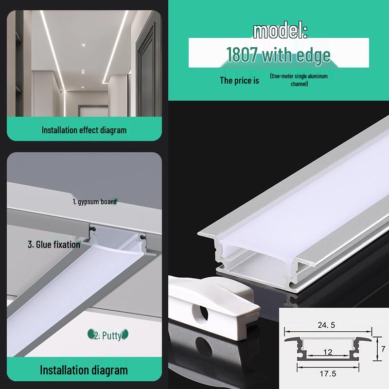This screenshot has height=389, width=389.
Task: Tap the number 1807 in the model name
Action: click(x=243, y=55)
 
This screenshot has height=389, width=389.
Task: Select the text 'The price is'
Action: click(x=239, y=81)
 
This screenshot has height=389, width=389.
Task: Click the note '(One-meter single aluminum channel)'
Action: click(x=299, y=80)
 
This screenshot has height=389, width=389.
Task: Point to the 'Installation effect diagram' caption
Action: click(x=84, y=130)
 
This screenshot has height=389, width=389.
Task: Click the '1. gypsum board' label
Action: click(x=94, y=201)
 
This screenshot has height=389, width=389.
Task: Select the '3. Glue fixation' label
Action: click(x=53, y=244)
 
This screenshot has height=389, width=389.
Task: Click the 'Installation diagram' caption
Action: click(x=84, y=370)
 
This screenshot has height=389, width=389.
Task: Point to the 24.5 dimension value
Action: click(x=326, y=325)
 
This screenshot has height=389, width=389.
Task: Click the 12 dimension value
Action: click(x=328, y=352)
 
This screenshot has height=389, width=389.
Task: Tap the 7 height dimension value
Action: click(x=383, y=349)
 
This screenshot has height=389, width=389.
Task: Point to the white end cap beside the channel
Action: click(x=214, y=304)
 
